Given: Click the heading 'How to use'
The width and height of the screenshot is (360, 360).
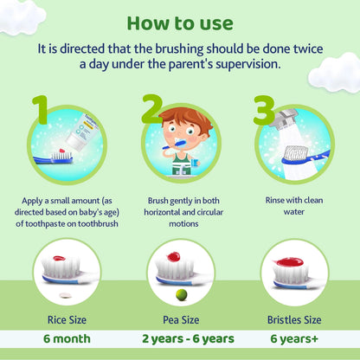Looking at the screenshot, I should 179,21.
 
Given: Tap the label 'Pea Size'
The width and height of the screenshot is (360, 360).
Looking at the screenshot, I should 180,320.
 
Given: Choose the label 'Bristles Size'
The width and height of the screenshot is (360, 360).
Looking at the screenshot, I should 295,320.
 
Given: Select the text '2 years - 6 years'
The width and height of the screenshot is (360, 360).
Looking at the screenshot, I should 180,338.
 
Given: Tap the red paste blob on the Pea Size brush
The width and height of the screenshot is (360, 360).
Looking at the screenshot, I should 173,257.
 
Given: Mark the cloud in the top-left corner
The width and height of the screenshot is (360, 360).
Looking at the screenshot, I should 21,12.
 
